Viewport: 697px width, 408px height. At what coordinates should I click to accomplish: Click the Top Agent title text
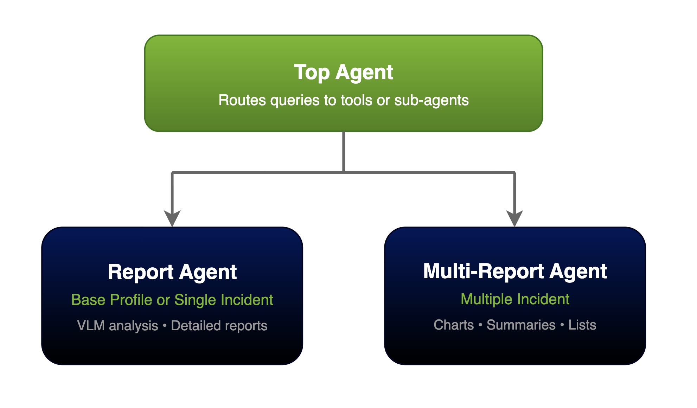(343, 72)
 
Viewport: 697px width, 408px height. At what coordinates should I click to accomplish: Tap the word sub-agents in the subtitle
(431, 100)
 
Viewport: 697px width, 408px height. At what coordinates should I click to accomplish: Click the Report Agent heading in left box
(172, 272)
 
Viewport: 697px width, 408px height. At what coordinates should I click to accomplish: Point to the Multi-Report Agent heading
(515, 271)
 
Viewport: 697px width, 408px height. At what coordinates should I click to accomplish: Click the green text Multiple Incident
(515, 299)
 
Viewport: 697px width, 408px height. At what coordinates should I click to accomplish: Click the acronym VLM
(91, 326)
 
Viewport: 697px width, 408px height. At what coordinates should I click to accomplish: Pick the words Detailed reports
(219, 326)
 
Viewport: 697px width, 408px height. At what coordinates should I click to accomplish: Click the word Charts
(454, 325)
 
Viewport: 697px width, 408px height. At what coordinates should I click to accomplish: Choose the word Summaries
(521, 325)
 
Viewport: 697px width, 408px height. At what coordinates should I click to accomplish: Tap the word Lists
(582, 325)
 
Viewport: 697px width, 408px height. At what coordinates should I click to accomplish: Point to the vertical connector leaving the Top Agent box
(344, 151)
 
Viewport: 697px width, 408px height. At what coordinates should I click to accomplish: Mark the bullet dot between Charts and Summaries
(480, 325)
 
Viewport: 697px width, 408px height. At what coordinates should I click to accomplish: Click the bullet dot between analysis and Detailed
(165, 326)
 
